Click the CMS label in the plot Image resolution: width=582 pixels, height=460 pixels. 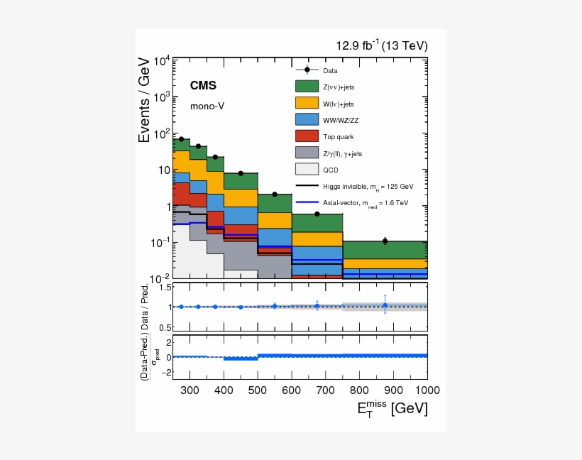tap(203, 86)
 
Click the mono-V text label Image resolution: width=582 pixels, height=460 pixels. tap(207, 106)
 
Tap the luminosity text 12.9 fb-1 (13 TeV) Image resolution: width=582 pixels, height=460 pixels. tap(381, 46)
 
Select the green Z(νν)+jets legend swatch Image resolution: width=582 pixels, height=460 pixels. tap(306, 87)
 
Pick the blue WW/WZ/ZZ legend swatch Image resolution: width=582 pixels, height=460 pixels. tap(306, 119)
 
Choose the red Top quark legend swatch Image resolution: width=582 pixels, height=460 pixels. tap(306, 136)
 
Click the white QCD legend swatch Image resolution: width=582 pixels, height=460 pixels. tap(306, 169)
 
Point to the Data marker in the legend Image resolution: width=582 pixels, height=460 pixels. tap(306, 70)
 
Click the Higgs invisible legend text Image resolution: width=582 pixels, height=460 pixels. tap(368, 186)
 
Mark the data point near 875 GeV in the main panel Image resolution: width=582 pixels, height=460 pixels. tap(385, 241)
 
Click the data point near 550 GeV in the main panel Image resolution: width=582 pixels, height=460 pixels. tap(275, 195)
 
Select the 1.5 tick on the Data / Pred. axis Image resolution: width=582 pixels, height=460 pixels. tap(165, 287)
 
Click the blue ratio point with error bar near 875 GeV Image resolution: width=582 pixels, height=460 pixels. tap(385, 305)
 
